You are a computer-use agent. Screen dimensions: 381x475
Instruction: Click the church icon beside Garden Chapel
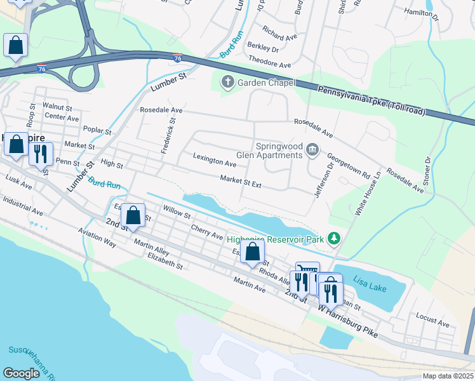[227, 83]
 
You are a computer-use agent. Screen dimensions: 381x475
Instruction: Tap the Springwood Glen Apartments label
[279, 150]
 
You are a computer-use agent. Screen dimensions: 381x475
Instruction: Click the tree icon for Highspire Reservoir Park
[334, 239]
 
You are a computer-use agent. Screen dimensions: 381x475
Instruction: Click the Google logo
[22, 373]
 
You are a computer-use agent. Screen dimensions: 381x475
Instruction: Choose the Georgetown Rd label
[349, 164]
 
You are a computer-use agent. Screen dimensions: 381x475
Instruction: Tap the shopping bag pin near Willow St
[133, 216]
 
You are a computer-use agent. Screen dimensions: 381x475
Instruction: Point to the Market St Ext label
[241, 182]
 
